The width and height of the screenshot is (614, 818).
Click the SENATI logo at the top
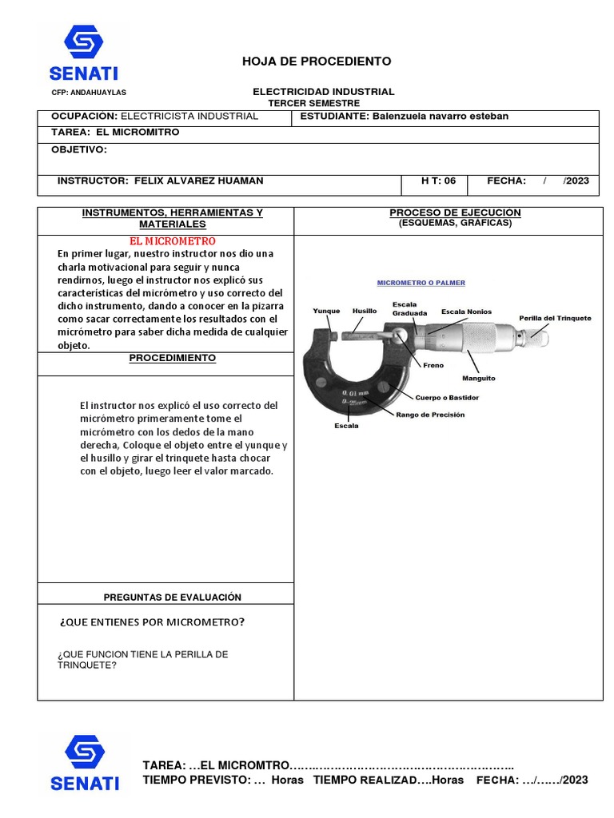(84, 53)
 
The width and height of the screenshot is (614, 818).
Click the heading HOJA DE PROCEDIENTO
(305, 62)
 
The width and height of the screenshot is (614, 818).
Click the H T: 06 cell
(438, 181)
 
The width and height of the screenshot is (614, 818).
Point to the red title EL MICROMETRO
(173, 241)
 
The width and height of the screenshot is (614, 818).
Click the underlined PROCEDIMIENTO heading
(173, 359)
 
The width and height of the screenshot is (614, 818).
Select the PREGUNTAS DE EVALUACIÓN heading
(173, 598)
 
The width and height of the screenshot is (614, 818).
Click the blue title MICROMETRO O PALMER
(421, 284)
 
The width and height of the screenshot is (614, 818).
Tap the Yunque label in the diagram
(326, 311)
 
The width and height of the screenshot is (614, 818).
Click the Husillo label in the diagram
(365, 311)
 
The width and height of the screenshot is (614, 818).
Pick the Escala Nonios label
(466, 312)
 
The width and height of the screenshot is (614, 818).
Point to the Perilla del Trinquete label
(555, 318)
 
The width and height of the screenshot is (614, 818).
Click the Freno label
(433, 365)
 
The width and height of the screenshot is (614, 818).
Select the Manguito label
(478, 378)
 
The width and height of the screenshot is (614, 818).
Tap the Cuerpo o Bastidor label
(453, 397)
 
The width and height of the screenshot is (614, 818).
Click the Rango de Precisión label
(430, 415)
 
